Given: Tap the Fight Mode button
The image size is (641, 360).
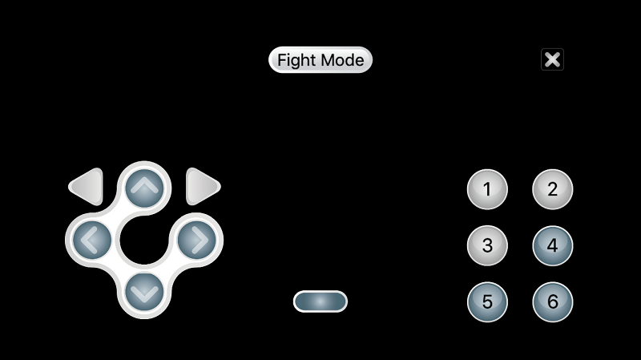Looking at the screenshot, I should (x=320, y=60).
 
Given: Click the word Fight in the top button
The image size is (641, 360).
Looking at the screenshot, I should (x=296, y=60).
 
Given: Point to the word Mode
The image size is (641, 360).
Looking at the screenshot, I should (x=342, y=60).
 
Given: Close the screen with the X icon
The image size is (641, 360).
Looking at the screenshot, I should (x=552, y=59).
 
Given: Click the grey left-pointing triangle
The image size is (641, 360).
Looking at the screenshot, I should (x=88, y=187).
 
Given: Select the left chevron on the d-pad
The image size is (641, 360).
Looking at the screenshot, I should (x=91, y=239).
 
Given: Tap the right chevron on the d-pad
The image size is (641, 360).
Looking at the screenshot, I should (x=197, y=239).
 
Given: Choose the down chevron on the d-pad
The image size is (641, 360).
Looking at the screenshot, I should (x=144, y=291).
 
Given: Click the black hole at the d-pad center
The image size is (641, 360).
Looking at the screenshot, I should (x=144, y=239).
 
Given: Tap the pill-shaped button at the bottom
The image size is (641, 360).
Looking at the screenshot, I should (x=320, y=301).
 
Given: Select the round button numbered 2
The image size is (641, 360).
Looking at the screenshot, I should (x=552, y=190).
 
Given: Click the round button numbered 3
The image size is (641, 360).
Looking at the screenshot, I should (x=487, y=245).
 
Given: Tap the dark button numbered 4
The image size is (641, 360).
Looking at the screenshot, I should (x=552, y=245).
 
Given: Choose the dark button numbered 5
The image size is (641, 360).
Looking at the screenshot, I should (x=487, y=302).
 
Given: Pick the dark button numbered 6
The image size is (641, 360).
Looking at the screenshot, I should (x=552, y=302).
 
